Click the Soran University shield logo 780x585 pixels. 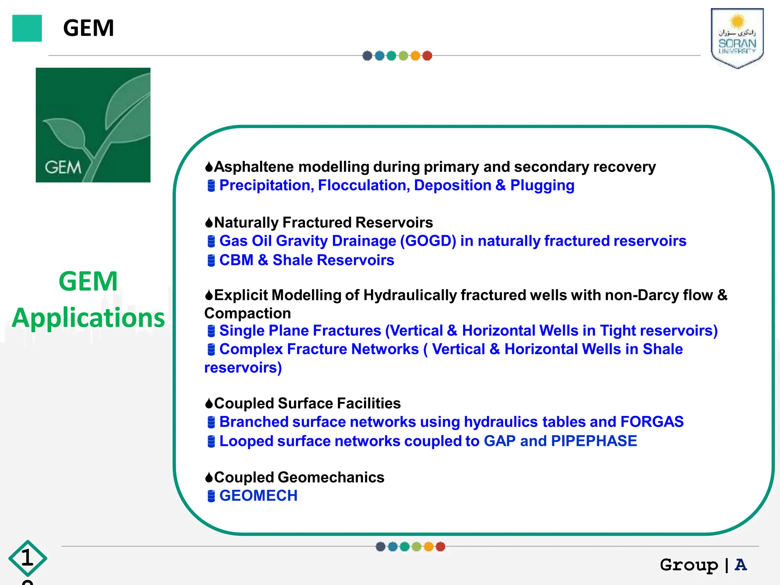pyautogui.click(x=737, y=38)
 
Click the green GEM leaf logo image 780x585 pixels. pyautogui.click(x=93, y=125)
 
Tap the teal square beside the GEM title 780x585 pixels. pyautogui.click(x=27, y=28)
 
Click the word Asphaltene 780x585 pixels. pyautogui.click(x=254, y=167)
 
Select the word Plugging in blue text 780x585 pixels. pyautogui.click(x=542, y=185)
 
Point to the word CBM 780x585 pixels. pyautogui.click(x=236, y=260)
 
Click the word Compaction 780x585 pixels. pyautogui.click(x=248, y=313)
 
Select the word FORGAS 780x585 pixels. pyautogui.click(x=652, y=422)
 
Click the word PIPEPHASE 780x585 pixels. pyautogui.click(x=594, y=441)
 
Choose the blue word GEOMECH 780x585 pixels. pyautogui.click(x=258, y=496)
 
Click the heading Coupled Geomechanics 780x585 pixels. pyautogui.click(x=299, y=478)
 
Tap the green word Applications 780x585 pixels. pyautogui.click(x=88, y=318)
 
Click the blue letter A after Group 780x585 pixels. pyautogui.click(x=741, y=565)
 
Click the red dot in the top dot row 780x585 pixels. pyautogui.click(x=427, y=56)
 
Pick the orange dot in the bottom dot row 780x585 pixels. pyautogui.click(x=428, y=547)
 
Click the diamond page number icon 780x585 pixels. pyautogui.click(x=27, y=558)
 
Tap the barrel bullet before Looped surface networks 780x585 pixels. pyautogui.click(x=211, y=441)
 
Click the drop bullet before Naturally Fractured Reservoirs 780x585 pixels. pyautogui.click(x=209, y=222)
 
